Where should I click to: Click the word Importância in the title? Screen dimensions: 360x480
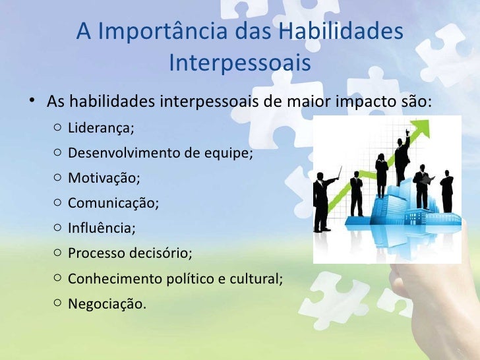(165, 31)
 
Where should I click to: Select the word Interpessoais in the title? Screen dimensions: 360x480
(239, 64)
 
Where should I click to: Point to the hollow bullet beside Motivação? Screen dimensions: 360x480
(58, 178)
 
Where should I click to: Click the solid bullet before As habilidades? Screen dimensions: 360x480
(32, 104)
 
